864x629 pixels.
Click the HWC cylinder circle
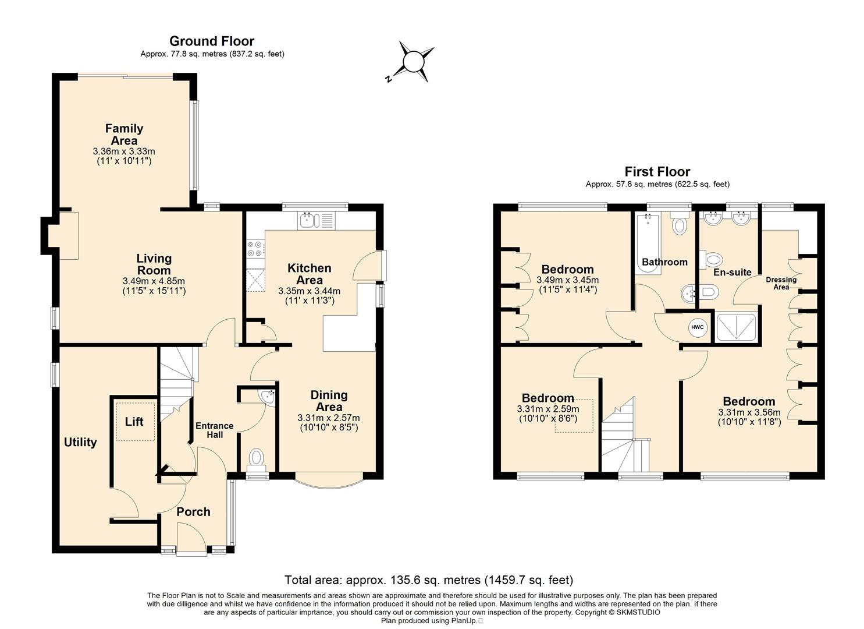coord(698,327)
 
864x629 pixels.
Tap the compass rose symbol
coord(414,62)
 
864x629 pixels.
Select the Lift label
coord(134,421)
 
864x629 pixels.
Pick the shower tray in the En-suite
coord(736,327)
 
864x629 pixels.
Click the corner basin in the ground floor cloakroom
coord(267,397)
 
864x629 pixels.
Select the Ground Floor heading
coord(212,41)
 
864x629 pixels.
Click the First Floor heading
coord(657,171)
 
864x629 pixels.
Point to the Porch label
coord(193,511)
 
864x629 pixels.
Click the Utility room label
coord(80,442)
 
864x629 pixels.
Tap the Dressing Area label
coord(781,283)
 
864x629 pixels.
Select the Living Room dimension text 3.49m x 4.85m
coord(154,281)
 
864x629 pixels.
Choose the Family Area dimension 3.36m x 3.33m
coord(124,151)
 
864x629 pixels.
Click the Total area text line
coord(429,579)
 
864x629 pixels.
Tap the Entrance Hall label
coord(215,430)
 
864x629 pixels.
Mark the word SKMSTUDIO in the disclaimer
coord(638,612)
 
